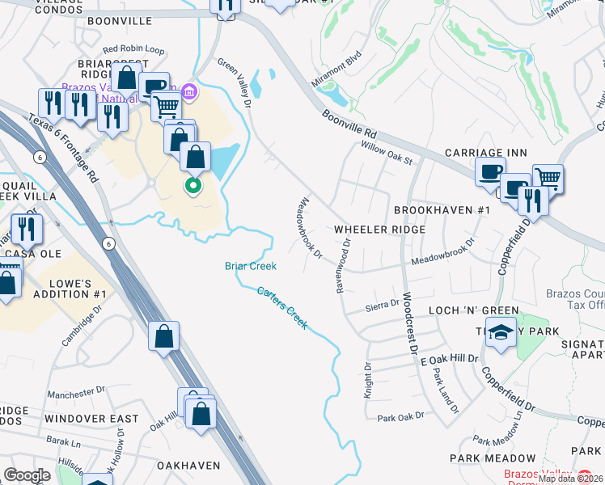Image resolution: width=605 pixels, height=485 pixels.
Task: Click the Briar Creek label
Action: click(250, 266)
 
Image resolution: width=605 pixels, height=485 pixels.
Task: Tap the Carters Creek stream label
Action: click(282, 307)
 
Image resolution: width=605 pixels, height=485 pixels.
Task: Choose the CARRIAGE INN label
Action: click(486, 153)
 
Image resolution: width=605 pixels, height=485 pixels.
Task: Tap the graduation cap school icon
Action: click(501, 333)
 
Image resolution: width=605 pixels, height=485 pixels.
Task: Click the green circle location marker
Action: click(192, 188)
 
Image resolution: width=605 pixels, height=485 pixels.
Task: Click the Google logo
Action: click(27, 475)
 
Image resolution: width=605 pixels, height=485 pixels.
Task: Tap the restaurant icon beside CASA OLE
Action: click(27, 230)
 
